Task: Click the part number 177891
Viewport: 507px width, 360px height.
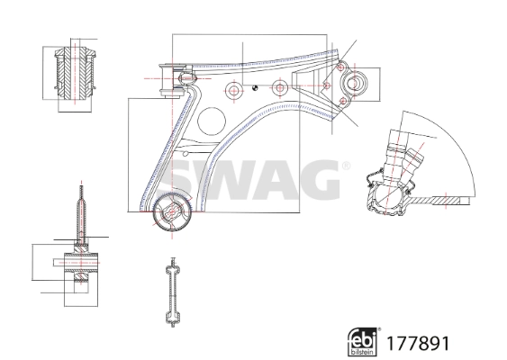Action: pyautogui.click(x=418, y=344)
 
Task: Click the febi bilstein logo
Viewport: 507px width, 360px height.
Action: pyautogui.click(x=363, y=342)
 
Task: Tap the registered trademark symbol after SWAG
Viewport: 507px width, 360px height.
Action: pyautogui.click(x=346, y=166)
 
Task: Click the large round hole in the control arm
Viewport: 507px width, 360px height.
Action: pyautogui.click(x=212, y=121)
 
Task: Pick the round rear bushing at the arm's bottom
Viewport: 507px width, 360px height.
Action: pyautogui.click(x=172, y=212)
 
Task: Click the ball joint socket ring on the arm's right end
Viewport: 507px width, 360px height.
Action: pyautogui.click(x=354, y=83)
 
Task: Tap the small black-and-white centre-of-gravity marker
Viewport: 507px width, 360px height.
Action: pyautogui.click(x=255, y=87)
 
